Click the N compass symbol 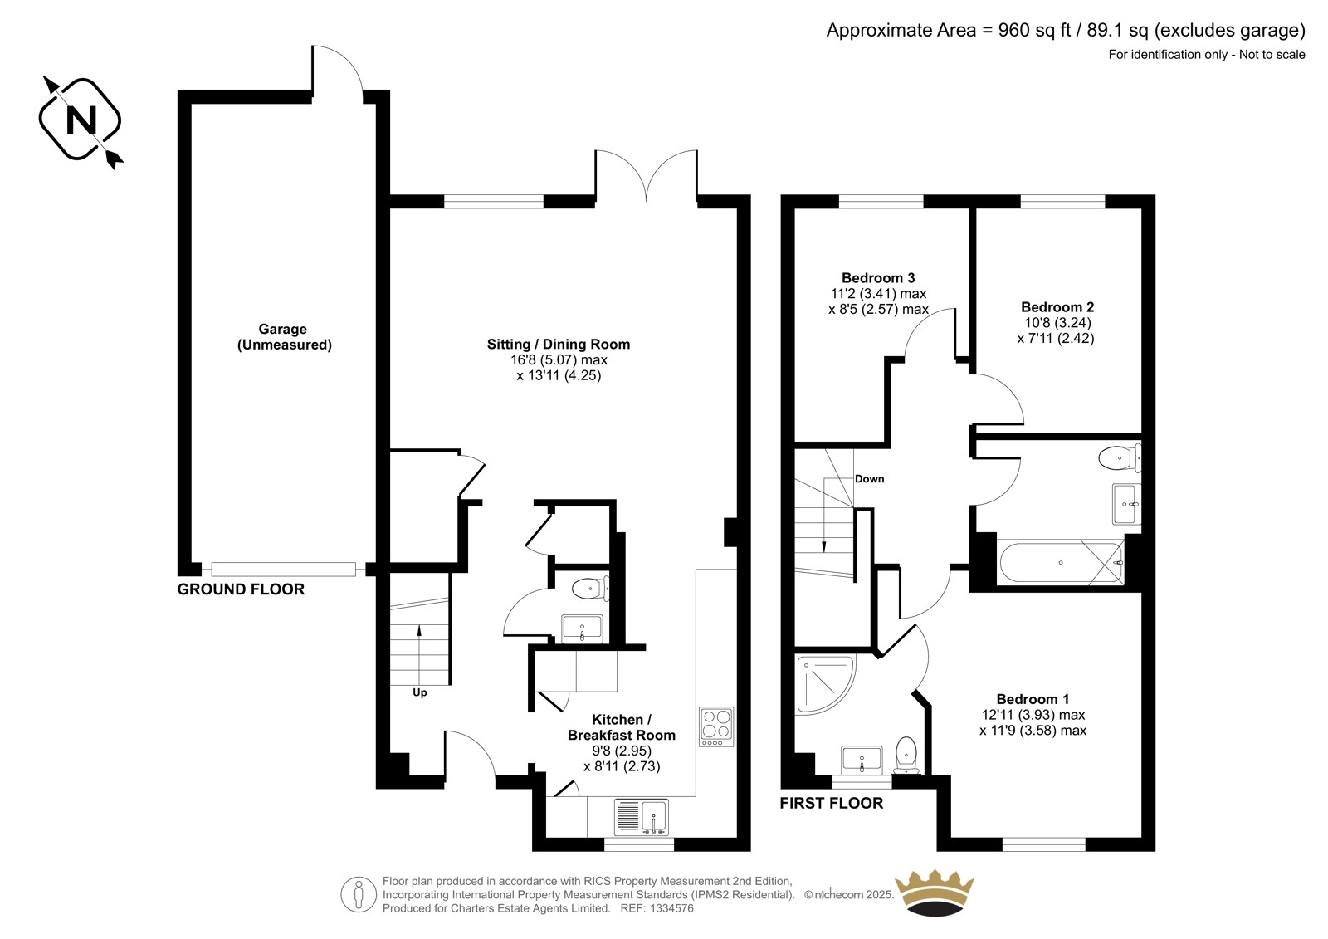tap(81, 120)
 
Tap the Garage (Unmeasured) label tap(284, 337)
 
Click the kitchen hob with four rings tap(716, 726)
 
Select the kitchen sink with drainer tap(642, 817)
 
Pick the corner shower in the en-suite tap(825, 684)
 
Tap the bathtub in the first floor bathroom tap(1061, 562)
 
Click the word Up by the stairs tap(420, 692)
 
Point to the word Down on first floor tap(869, 479)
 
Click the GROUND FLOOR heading tap(241, 589)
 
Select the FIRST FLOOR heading tap(831, 803)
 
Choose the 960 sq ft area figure tap(1034, 30)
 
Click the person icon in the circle tap(359, 894)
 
